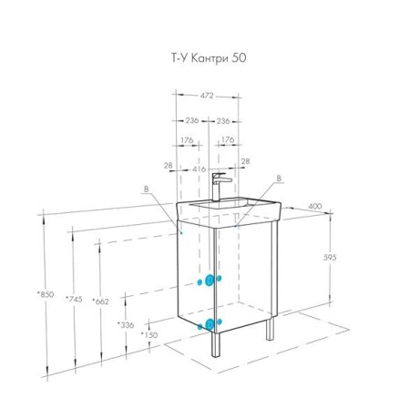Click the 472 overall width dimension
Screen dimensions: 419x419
(x=207, y=96)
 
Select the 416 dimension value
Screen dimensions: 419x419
(x=199, y=169)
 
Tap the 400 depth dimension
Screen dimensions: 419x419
(x=315, y=206)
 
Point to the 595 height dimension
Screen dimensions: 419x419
(x=330, y=258)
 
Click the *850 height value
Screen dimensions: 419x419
(x=46, y=294)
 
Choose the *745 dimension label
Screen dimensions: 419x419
(x=74, y=299)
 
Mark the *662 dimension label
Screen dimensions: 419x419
(x=100, y=301)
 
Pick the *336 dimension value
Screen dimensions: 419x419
(x=126, y=324)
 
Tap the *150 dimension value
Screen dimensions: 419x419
(x=149, y=335)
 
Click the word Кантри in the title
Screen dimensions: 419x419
(x=209, y=58)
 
